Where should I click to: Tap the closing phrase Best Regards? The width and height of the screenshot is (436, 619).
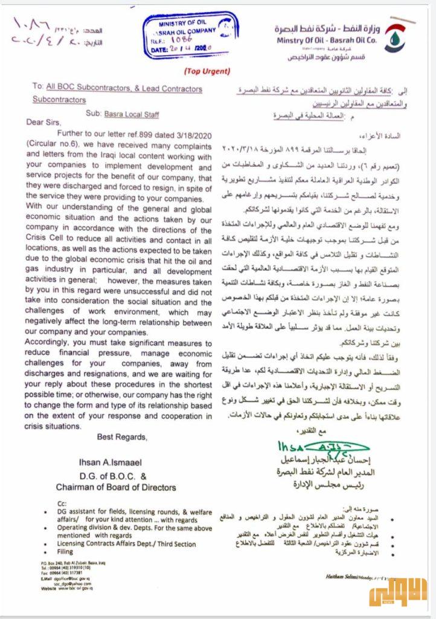[x=121, y=436]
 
